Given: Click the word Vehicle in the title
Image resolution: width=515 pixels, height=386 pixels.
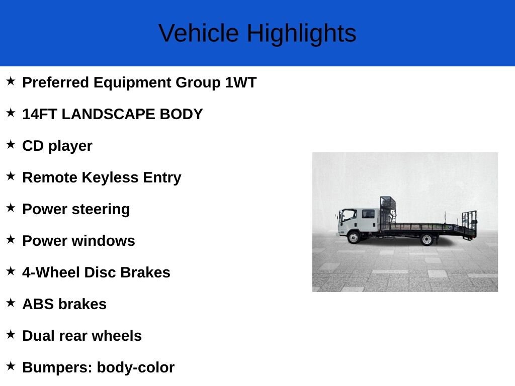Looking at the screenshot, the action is click(x=199, y=33).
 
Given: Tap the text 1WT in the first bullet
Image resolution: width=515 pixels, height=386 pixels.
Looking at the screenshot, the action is click(x=241, y=82).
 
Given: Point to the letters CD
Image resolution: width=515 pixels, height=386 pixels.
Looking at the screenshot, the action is click(x=33, y=146).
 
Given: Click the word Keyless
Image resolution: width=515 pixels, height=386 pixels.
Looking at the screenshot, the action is click(x=110, y=177).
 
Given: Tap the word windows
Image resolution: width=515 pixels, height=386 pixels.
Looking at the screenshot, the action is click(x=103, y=241).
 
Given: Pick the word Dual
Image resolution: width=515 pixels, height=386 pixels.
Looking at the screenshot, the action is click(x=36, y=336).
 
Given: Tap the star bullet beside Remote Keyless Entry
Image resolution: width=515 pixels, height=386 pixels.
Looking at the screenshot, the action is click(x=11, y=176).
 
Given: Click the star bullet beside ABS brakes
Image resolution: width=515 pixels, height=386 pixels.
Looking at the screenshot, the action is click(x=11, y=303).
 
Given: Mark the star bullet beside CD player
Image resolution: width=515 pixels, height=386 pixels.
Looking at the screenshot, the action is click(x=11, y=144).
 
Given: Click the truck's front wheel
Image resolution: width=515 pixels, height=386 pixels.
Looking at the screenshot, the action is click(x=354, y=237).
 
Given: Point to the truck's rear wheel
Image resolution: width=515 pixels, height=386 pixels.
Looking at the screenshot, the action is click(x=426, y=240).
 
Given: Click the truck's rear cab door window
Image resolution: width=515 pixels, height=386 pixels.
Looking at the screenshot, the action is click(x=368, y=214).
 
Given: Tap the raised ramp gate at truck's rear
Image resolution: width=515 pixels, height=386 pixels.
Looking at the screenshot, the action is click(x=469, y=224).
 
